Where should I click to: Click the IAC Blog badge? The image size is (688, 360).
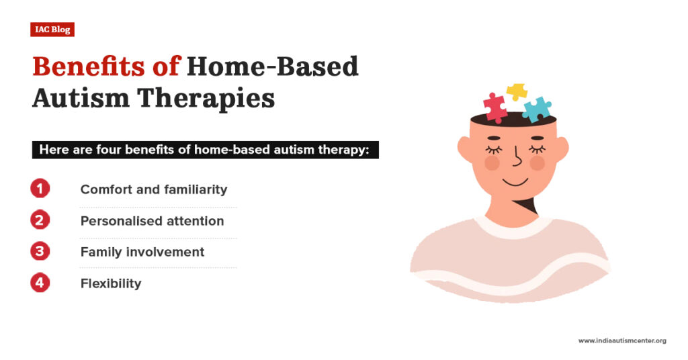pyautogui.click(x=52, y=30)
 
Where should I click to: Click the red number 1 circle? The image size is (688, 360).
pyautogui.click(x=40, y=189)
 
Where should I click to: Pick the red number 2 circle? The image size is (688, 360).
pyautogui.click(x=40, y=220)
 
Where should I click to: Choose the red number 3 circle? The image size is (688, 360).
pyautogui.click(x=40, y=252)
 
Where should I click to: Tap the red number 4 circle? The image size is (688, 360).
pyautogui.click(x=40, y=283)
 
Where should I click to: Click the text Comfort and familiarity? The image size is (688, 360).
pyautogui.click(x=154, y=189)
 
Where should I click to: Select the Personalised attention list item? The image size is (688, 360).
pyautogui.click(x=152, y=220)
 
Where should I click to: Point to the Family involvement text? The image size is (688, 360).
pyautogui.click(x=142, y=252)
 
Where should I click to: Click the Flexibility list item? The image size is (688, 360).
pyautogui.click(x=111, y=283)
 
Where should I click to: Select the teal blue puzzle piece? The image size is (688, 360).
pyautogui.click(x=536, y=109)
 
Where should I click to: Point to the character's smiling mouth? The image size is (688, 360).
pyautogui.click(x=515, y=181)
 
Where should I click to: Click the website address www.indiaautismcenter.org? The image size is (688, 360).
pyautogui.click(x=622, y=341)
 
